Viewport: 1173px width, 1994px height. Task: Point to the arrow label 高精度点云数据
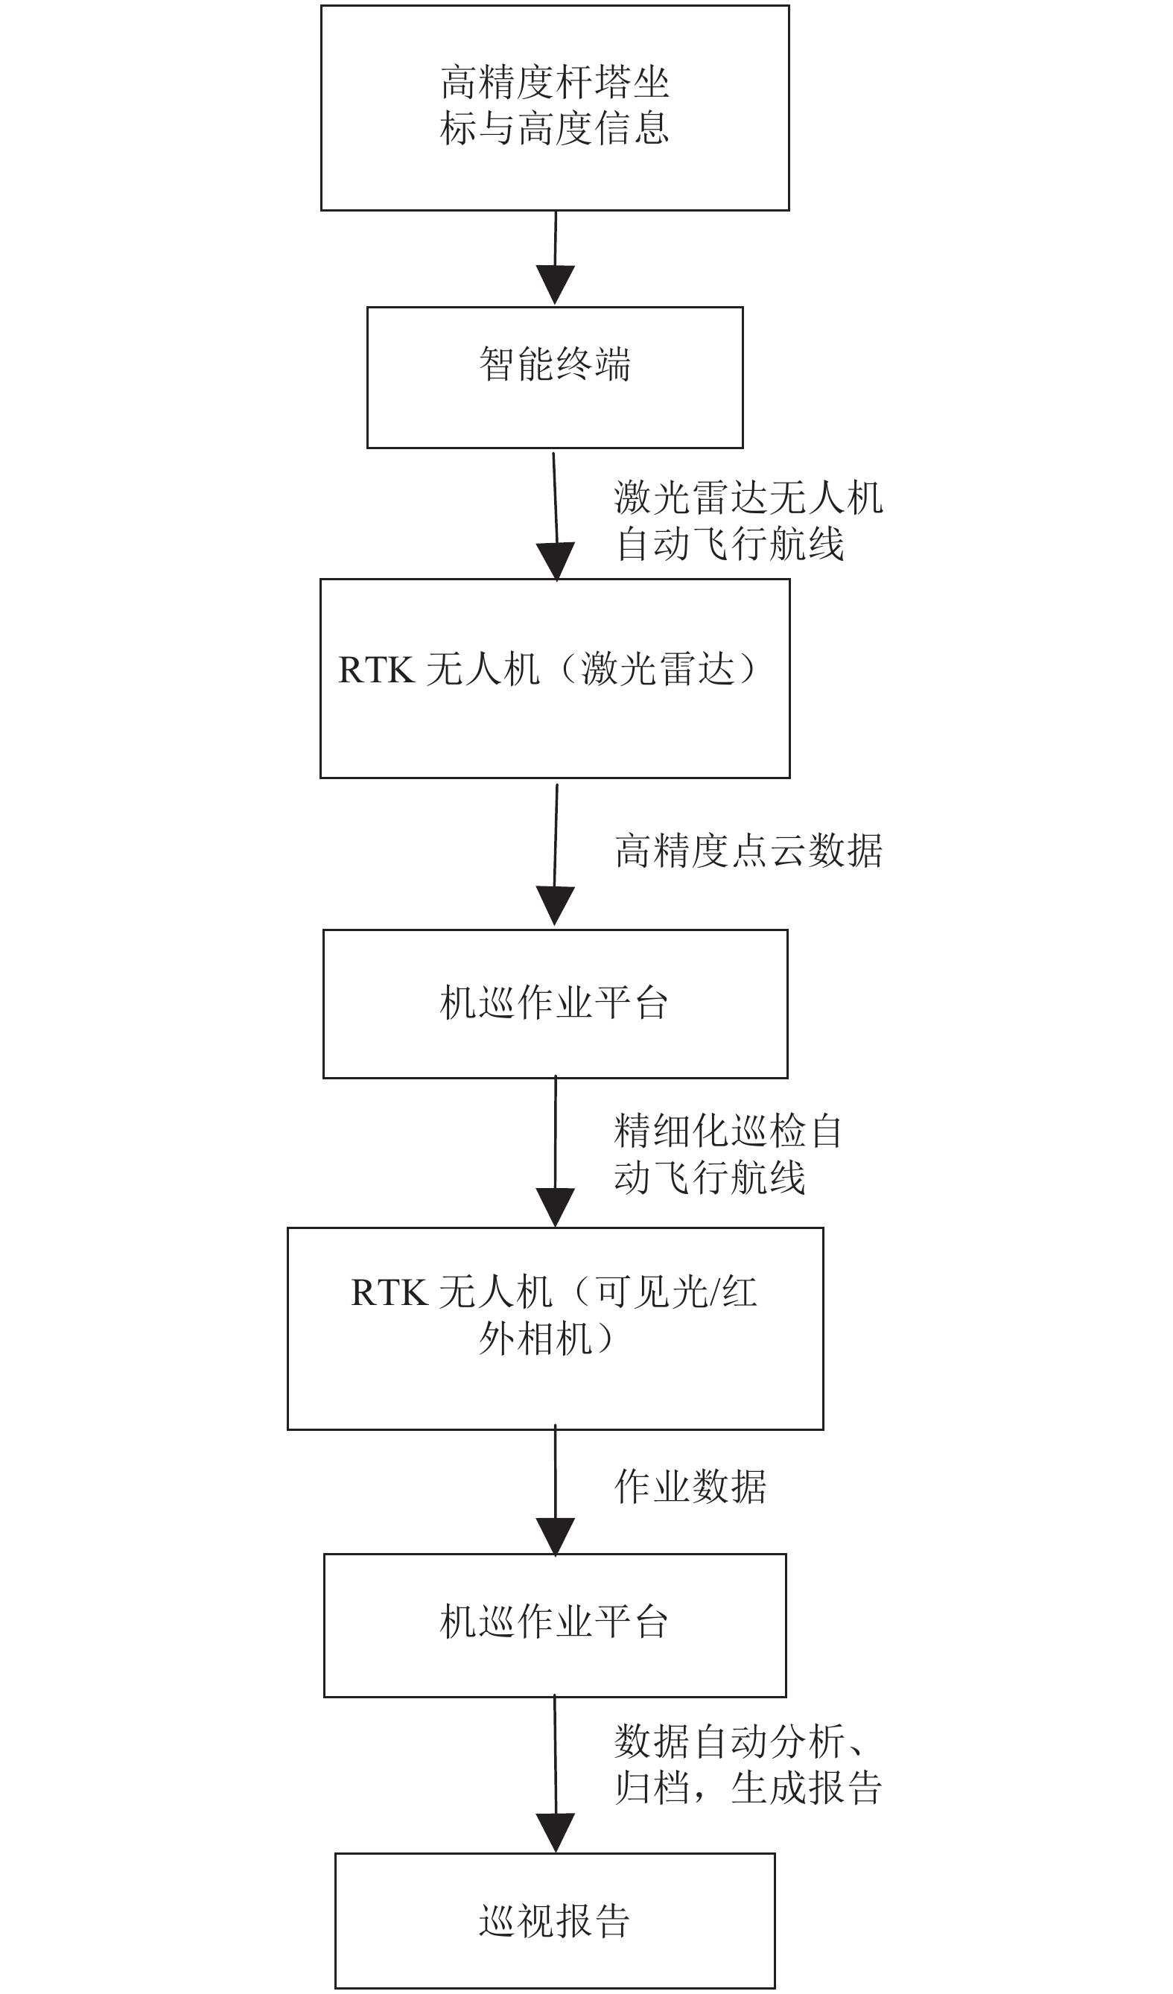[748, 851]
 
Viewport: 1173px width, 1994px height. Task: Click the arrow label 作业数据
[690, 1486]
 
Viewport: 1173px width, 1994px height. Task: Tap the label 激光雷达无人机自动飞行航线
[748, 521]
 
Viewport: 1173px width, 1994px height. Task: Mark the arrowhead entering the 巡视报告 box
[556, 1832]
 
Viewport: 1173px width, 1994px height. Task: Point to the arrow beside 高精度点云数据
[556, 854]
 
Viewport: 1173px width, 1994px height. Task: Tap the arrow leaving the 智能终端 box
[556, 517]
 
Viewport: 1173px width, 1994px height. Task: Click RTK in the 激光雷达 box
[375, 670]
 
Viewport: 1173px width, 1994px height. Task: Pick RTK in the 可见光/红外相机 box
[388, 1293]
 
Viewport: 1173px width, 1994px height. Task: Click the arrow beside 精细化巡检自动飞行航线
[556, 1152]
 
